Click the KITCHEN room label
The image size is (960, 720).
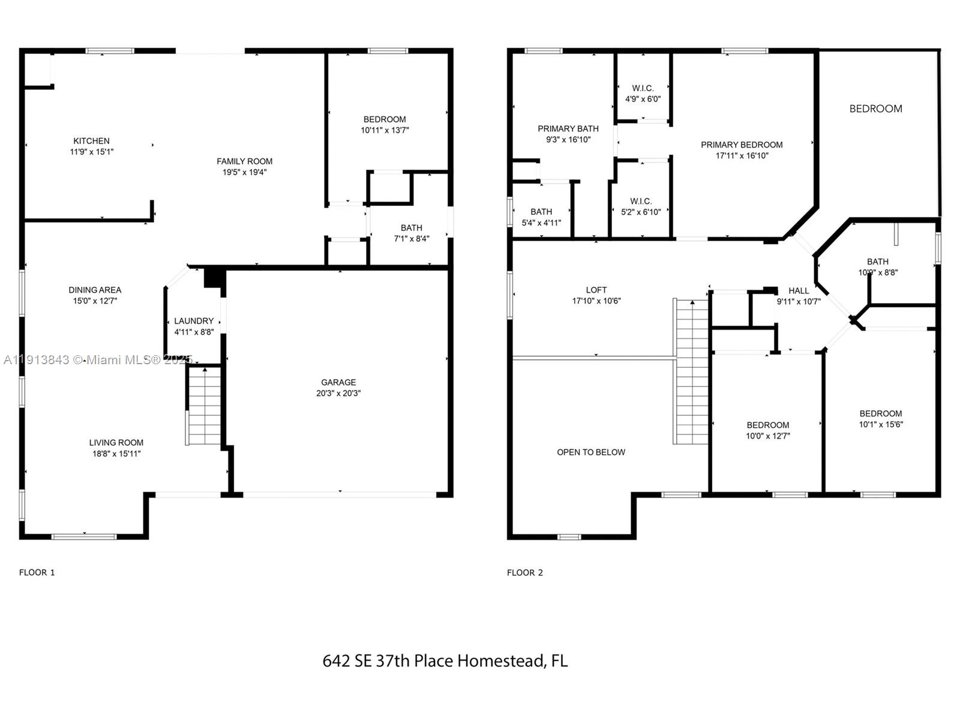pyautogui.click(x=91, y=141)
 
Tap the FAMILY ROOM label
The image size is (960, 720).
pyautogui.click(x=244, y=161)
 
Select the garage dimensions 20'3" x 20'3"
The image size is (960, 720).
pyautogui.click(x=338, y=394)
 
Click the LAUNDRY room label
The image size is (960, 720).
pyautogui.click(x=194, y=321)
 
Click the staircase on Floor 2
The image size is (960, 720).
pyautogui.click(x=691, y=372)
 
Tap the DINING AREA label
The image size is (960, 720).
pyautogui.click(x=95, y=290)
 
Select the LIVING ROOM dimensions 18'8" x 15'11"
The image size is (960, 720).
pyautogui.click(x=116, y=454)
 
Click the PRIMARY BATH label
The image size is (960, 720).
pyautogui.click(x=568, y=128)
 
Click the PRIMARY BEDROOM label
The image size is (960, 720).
pyautogui.click(x=742, y=145)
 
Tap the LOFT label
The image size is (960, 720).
pyautogui.click(x=596, y=290)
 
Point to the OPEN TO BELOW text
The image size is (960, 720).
pyautogui.click(x=591, y=452)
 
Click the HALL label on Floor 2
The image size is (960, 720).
pyautogui.click(x=799, y=290)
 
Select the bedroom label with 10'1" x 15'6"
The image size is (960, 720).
pyautogui.click(x=880, y=413)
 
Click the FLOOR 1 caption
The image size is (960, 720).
pyautogui.click(x=37, y=572)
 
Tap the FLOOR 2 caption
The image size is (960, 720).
pyautogui.click(x=525, y=572)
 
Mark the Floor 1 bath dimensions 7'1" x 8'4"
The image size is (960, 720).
pyautogui.click(x=412, y=239)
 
